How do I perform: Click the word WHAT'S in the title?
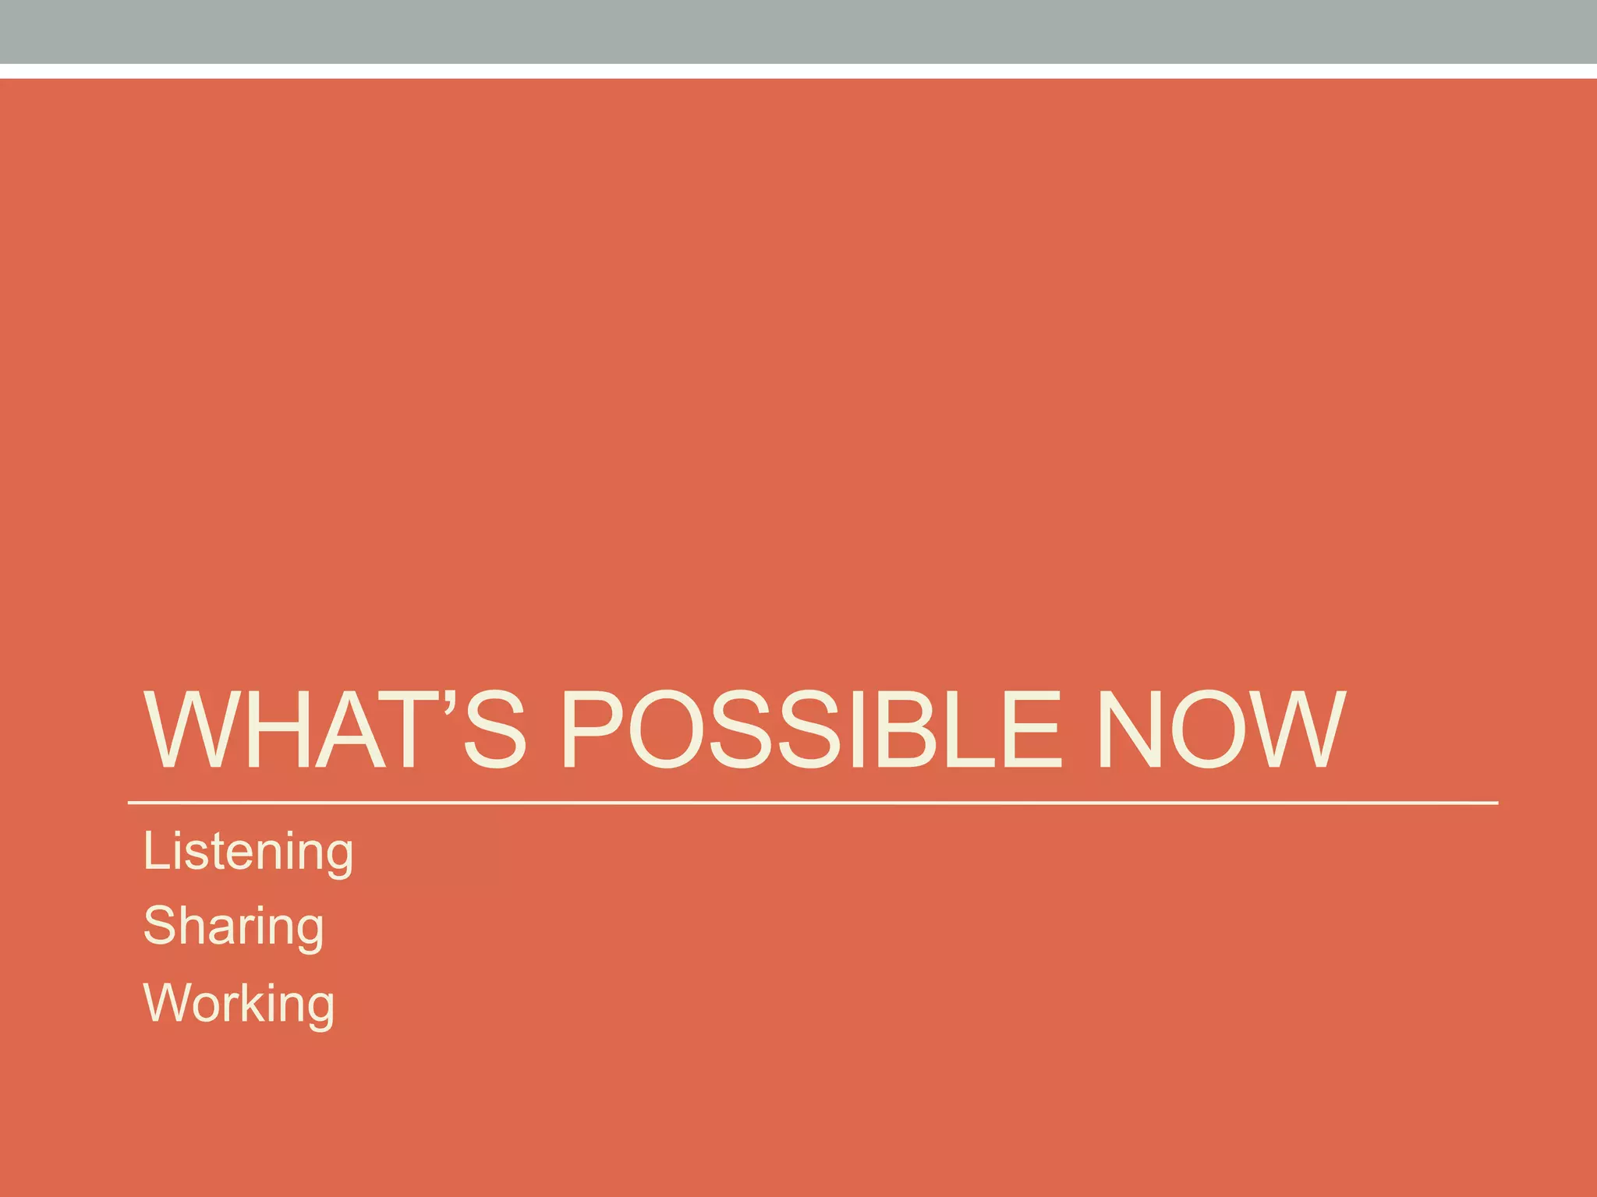335,730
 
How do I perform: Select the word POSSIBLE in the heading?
811,730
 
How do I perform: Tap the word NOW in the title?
1220,730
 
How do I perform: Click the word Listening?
248,851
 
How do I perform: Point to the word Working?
239,1003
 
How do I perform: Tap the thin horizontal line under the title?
811,802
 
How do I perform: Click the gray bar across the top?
798,31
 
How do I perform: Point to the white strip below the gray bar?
798,71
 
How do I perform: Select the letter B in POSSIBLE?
930,730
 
